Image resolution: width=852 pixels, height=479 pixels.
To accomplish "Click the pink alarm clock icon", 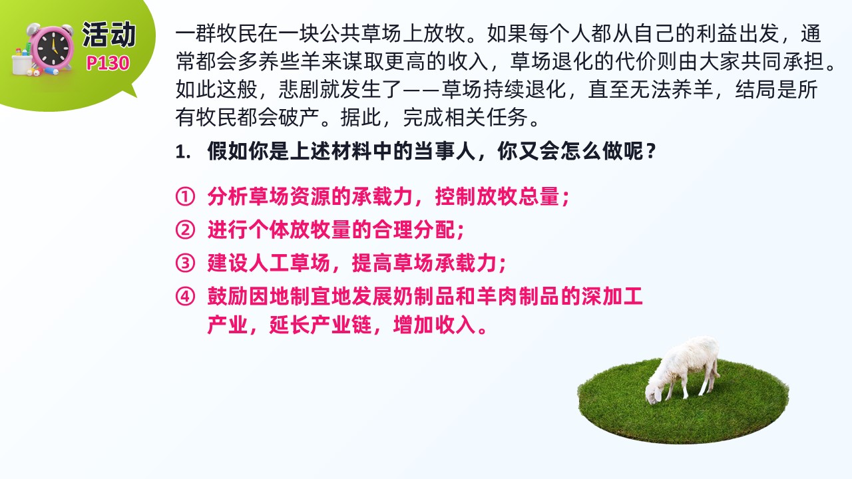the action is coord(52,49).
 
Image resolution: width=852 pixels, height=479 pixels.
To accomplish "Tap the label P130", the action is coord(108,63).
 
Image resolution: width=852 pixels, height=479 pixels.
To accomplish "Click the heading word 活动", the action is coord(108,35).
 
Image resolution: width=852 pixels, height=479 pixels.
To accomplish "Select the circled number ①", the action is coord(185,196).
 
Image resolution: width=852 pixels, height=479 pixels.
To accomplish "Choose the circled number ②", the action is coord(185,230).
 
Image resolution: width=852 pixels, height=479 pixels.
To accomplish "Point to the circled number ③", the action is coord(185,263).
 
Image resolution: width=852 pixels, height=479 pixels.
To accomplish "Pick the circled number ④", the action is coord(185,296).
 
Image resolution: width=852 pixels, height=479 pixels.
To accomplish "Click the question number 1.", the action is coord(182,152).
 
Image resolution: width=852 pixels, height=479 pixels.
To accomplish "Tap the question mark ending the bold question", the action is coord(651,151).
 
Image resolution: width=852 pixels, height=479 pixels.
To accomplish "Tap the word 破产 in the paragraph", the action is coord(300,118).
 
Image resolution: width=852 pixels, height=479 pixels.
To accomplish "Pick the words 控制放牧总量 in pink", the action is coord(497,196).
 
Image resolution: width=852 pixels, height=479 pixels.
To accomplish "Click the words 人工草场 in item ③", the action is coord(290,263).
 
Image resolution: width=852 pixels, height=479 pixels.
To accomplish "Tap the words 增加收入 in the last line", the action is coord(435,325).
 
